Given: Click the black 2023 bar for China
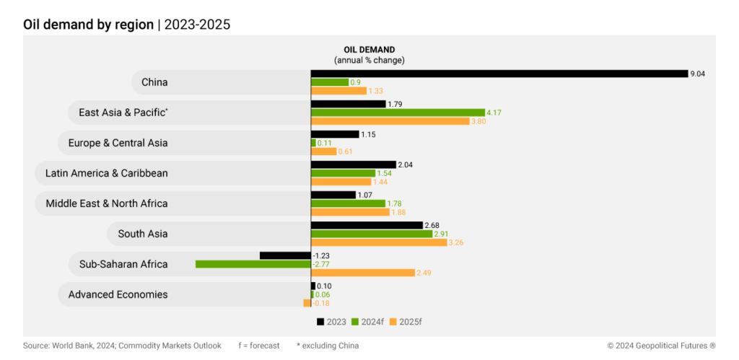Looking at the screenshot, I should point(499,74).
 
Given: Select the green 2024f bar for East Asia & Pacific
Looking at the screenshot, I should point(398,113).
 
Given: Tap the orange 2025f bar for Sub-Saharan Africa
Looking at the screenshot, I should point(362,273).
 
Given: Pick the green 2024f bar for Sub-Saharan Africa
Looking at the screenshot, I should point(253,264).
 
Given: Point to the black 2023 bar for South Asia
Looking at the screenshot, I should point(367,225).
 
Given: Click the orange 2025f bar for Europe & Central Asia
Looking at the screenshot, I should point(323,152).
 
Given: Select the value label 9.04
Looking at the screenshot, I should point(698,74).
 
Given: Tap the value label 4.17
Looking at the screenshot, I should point(494,113).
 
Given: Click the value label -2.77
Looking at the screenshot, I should point(321,264).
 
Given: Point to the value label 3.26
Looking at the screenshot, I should point(456,242).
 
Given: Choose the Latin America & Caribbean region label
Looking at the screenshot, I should point(106,173).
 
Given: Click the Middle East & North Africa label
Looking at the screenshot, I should point(106,203).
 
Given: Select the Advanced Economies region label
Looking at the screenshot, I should point(118,294).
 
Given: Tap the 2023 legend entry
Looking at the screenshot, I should point(332,321).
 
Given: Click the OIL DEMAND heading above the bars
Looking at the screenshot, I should point(369,50).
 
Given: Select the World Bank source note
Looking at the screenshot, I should point(122,346).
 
